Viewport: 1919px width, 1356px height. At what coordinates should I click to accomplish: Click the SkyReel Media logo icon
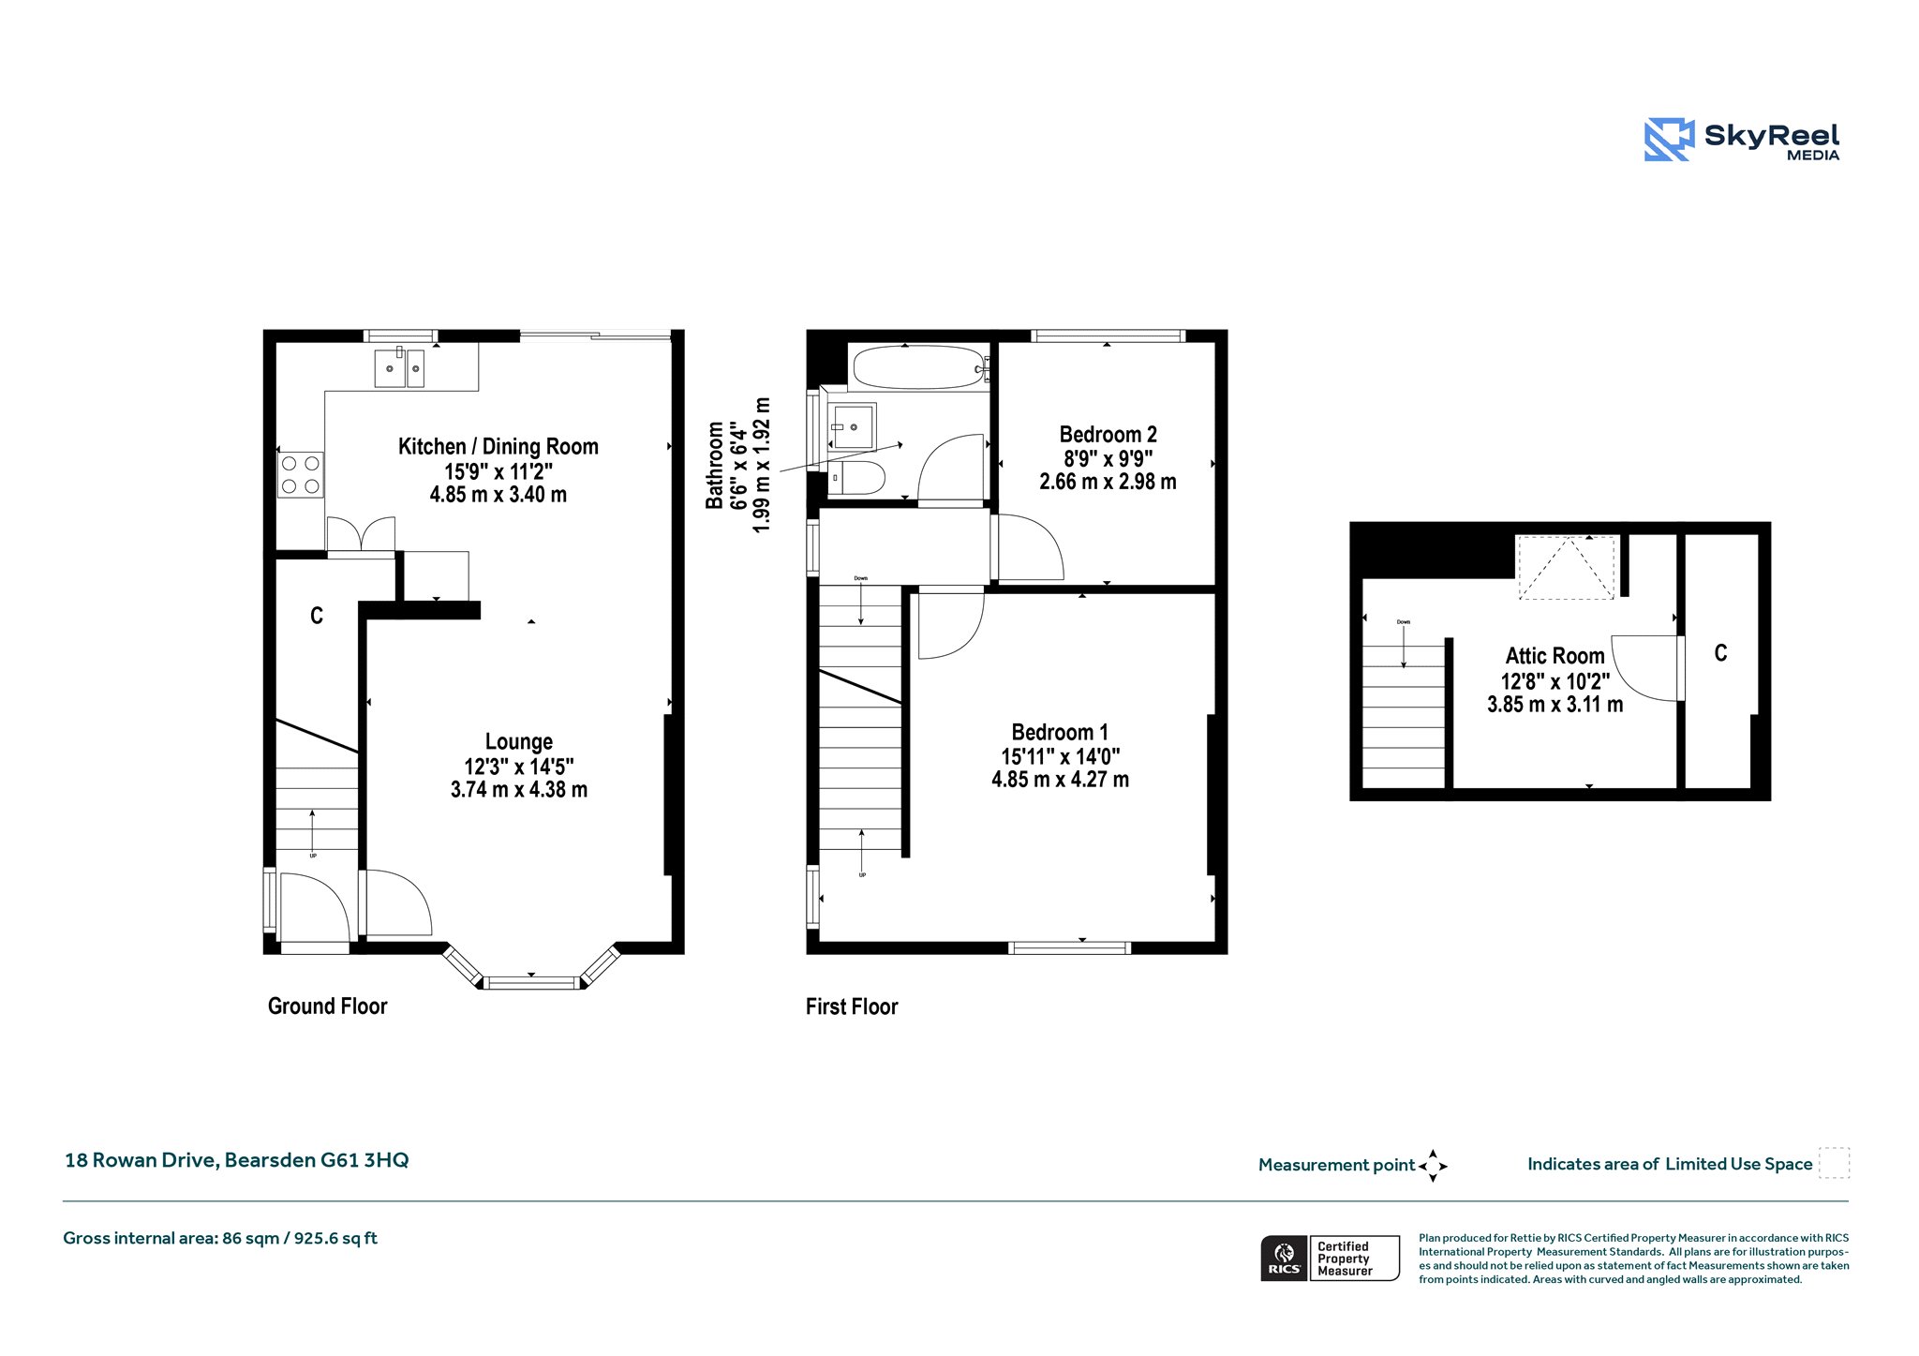point(1669,140)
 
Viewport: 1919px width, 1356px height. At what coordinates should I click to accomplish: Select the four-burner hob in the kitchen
point(301,474)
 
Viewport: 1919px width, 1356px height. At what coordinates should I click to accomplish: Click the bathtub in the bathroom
point(919,367)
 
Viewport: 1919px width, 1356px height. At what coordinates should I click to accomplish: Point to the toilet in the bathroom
point(856,477)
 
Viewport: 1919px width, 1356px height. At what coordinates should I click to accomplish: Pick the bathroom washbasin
point(852,426)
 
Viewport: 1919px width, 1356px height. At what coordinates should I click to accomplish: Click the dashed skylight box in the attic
point(1566,568)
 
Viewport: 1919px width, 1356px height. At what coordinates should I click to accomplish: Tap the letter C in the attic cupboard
point(1720,653)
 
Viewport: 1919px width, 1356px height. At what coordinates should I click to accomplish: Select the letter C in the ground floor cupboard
point(317,616)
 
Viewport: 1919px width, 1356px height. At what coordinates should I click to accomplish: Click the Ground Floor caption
point(327,1006)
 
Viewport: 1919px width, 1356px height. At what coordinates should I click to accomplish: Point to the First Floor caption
point(852,1006)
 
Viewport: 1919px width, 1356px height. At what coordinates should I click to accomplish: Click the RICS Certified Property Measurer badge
point(1330,1259)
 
